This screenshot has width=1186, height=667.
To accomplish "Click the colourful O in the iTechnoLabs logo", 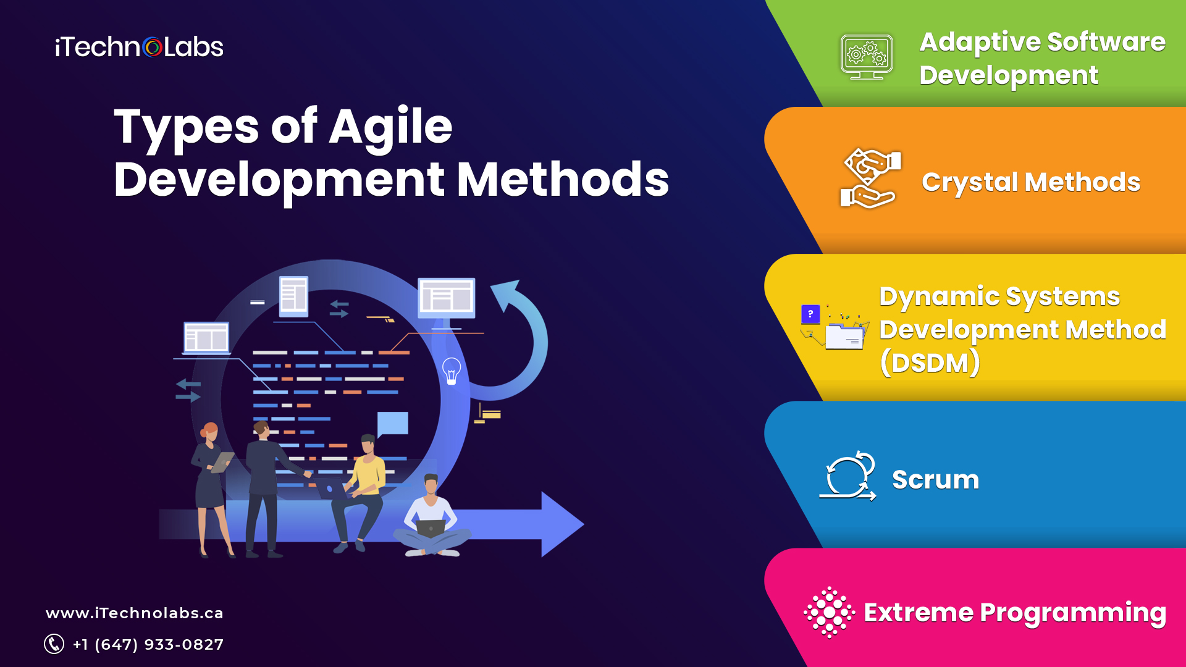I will [152, 48].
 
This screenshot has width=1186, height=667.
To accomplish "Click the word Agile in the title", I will [390, 127].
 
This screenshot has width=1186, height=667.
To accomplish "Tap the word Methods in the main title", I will [562, 180].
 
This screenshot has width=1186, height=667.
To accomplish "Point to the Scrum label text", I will [935, 480].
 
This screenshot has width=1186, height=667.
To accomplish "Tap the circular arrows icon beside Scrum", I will [849, 476].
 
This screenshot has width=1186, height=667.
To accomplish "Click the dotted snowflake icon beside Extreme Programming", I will [829, 612].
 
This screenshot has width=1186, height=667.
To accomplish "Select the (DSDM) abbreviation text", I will [930, 363].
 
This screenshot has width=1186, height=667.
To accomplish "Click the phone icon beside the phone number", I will [54, 644].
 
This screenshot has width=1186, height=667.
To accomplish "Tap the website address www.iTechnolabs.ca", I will [135, 613].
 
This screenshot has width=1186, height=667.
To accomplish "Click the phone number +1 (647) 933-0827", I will [148, 644].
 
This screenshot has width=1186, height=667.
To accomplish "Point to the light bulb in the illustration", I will [452, 371].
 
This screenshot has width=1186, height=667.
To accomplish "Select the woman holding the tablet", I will [210, 482].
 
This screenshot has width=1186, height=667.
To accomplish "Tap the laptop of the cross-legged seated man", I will [431, 528].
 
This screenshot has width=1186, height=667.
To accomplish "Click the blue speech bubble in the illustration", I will [393, 424].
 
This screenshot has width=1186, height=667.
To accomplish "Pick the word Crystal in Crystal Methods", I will [970, 183].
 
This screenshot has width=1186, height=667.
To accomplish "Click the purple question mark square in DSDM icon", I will [810, 314].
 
